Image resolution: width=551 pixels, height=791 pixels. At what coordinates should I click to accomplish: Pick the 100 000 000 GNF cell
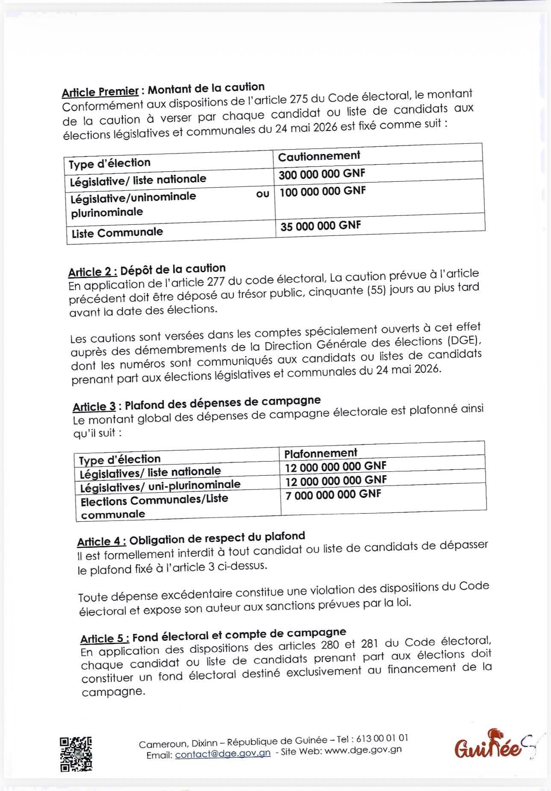pyautogui.click(x=322, y=192)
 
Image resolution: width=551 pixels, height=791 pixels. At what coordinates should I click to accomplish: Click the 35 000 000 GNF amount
pyautogui.click(x=320, y=226)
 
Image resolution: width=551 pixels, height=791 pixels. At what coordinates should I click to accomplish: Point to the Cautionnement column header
pyautogui.click(x=319, y=156)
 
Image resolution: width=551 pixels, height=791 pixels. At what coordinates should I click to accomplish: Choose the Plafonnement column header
pyautogui.click(x=320, y=453)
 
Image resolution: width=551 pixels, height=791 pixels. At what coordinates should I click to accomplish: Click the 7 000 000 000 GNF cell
pyautogui.click(x=333, y=494)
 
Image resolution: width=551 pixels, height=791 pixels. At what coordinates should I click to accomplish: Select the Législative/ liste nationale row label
pyautogui.click(x=138, y=180)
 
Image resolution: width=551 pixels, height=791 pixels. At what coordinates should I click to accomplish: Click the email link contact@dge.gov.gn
pyautogui.click(x=223, y=753)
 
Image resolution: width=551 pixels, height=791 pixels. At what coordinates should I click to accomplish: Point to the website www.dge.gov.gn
pyautogui.click(x=363, y=750)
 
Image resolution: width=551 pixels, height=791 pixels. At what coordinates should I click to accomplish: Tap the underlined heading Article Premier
pyautogui.click(x=100, y=92)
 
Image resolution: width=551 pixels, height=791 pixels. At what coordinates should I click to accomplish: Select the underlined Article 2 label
pyautogui.click(x=92, y=272)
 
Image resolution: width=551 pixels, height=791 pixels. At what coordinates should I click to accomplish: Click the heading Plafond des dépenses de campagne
pyautogui.click(x=222, y=402)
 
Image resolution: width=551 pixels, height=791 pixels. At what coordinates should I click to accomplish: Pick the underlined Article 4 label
pyautogui.click(x=101, y=541)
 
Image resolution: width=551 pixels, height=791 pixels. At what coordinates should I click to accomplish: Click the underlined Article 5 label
pyautogui.click(x=104, y=638)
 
